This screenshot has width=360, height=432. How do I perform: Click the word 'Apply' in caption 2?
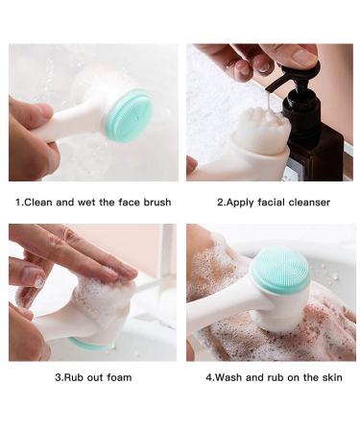[239, 203]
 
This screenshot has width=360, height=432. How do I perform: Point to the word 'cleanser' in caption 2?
[306, 203]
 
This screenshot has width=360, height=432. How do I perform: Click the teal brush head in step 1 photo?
[128, 116]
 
